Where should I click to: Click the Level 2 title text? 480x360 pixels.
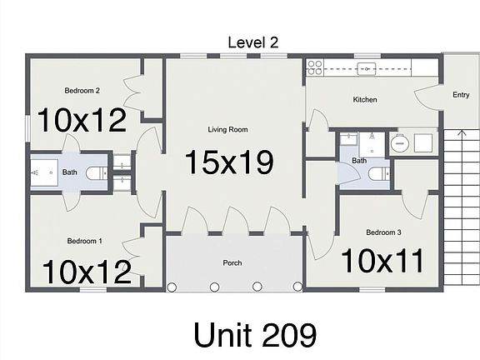[x=254, y=42]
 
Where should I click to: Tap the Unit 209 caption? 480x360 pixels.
[x=254, y=334]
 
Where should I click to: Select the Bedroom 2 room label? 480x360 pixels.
[x=82, y=91]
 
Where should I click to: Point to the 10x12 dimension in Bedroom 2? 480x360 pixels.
[x=82, y=120]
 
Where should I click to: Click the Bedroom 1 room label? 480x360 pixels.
[x=84, y=241]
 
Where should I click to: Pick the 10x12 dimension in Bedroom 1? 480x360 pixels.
[x=86, y=271]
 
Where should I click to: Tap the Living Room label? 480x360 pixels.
[x=227, y=129]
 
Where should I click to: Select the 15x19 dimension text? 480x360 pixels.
[x=229, y=162]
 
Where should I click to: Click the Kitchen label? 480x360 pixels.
[x=365, y=100]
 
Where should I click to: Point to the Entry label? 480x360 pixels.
[x=461, y=95]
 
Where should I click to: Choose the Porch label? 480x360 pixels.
[x=232, y=263]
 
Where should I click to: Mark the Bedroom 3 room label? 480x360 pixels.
[x=384, y=232]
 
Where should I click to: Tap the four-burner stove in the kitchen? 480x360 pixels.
[x=314, y=67]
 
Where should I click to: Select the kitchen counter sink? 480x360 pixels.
[x=365, y=67]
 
